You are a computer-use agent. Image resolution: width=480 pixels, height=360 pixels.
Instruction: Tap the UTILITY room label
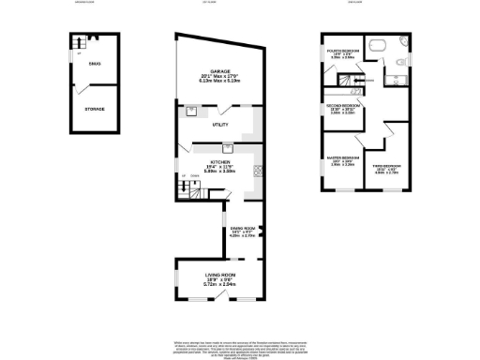221,123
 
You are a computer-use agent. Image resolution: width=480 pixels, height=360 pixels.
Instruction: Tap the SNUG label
95,63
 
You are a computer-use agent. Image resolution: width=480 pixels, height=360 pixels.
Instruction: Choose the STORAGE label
95,109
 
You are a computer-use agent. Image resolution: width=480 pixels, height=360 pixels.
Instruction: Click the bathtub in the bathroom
379,45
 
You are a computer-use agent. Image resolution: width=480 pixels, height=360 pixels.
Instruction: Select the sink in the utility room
191,108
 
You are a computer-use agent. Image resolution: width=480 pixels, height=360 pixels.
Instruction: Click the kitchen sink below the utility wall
227,146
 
